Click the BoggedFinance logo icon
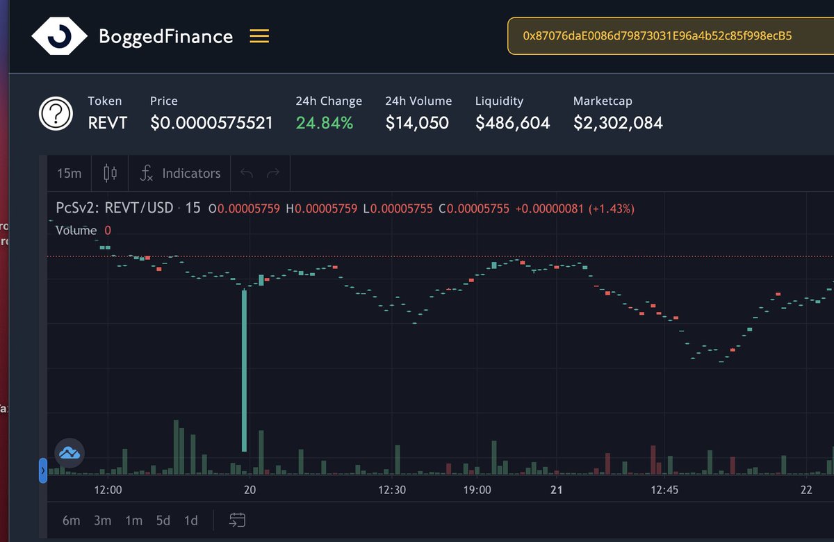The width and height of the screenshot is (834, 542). tap(59, 36)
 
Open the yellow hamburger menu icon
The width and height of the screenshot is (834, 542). tap(259, 36)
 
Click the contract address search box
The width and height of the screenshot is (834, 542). tap(671, 36)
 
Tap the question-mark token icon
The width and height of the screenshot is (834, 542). tap(56, 114)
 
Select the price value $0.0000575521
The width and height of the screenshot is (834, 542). tap(211, 124)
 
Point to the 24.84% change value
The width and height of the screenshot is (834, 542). tap(325, 124)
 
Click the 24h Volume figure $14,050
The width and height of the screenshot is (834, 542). tap(417, 124)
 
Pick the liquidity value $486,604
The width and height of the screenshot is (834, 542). tap(512, 124)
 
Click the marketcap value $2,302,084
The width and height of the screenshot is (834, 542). tap(618, 124)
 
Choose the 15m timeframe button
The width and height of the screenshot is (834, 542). tap(69, 174)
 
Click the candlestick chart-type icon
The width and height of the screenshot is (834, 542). tap(111, 174)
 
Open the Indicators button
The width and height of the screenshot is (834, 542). tap(180, 174)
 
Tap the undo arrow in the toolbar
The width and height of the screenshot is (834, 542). tap(246, 174)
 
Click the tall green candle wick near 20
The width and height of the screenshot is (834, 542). tap(244, 368)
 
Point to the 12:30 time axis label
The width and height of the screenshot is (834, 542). tap(392, 490)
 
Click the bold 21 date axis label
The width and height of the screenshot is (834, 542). tap(555, 490)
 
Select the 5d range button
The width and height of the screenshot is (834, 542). tap(163, 520)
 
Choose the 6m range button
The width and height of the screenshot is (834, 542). tap(71, 520)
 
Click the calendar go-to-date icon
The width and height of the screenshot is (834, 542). tap(237, 520)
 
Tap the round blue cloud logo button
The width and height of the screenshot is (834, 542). tap(69, 453)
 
